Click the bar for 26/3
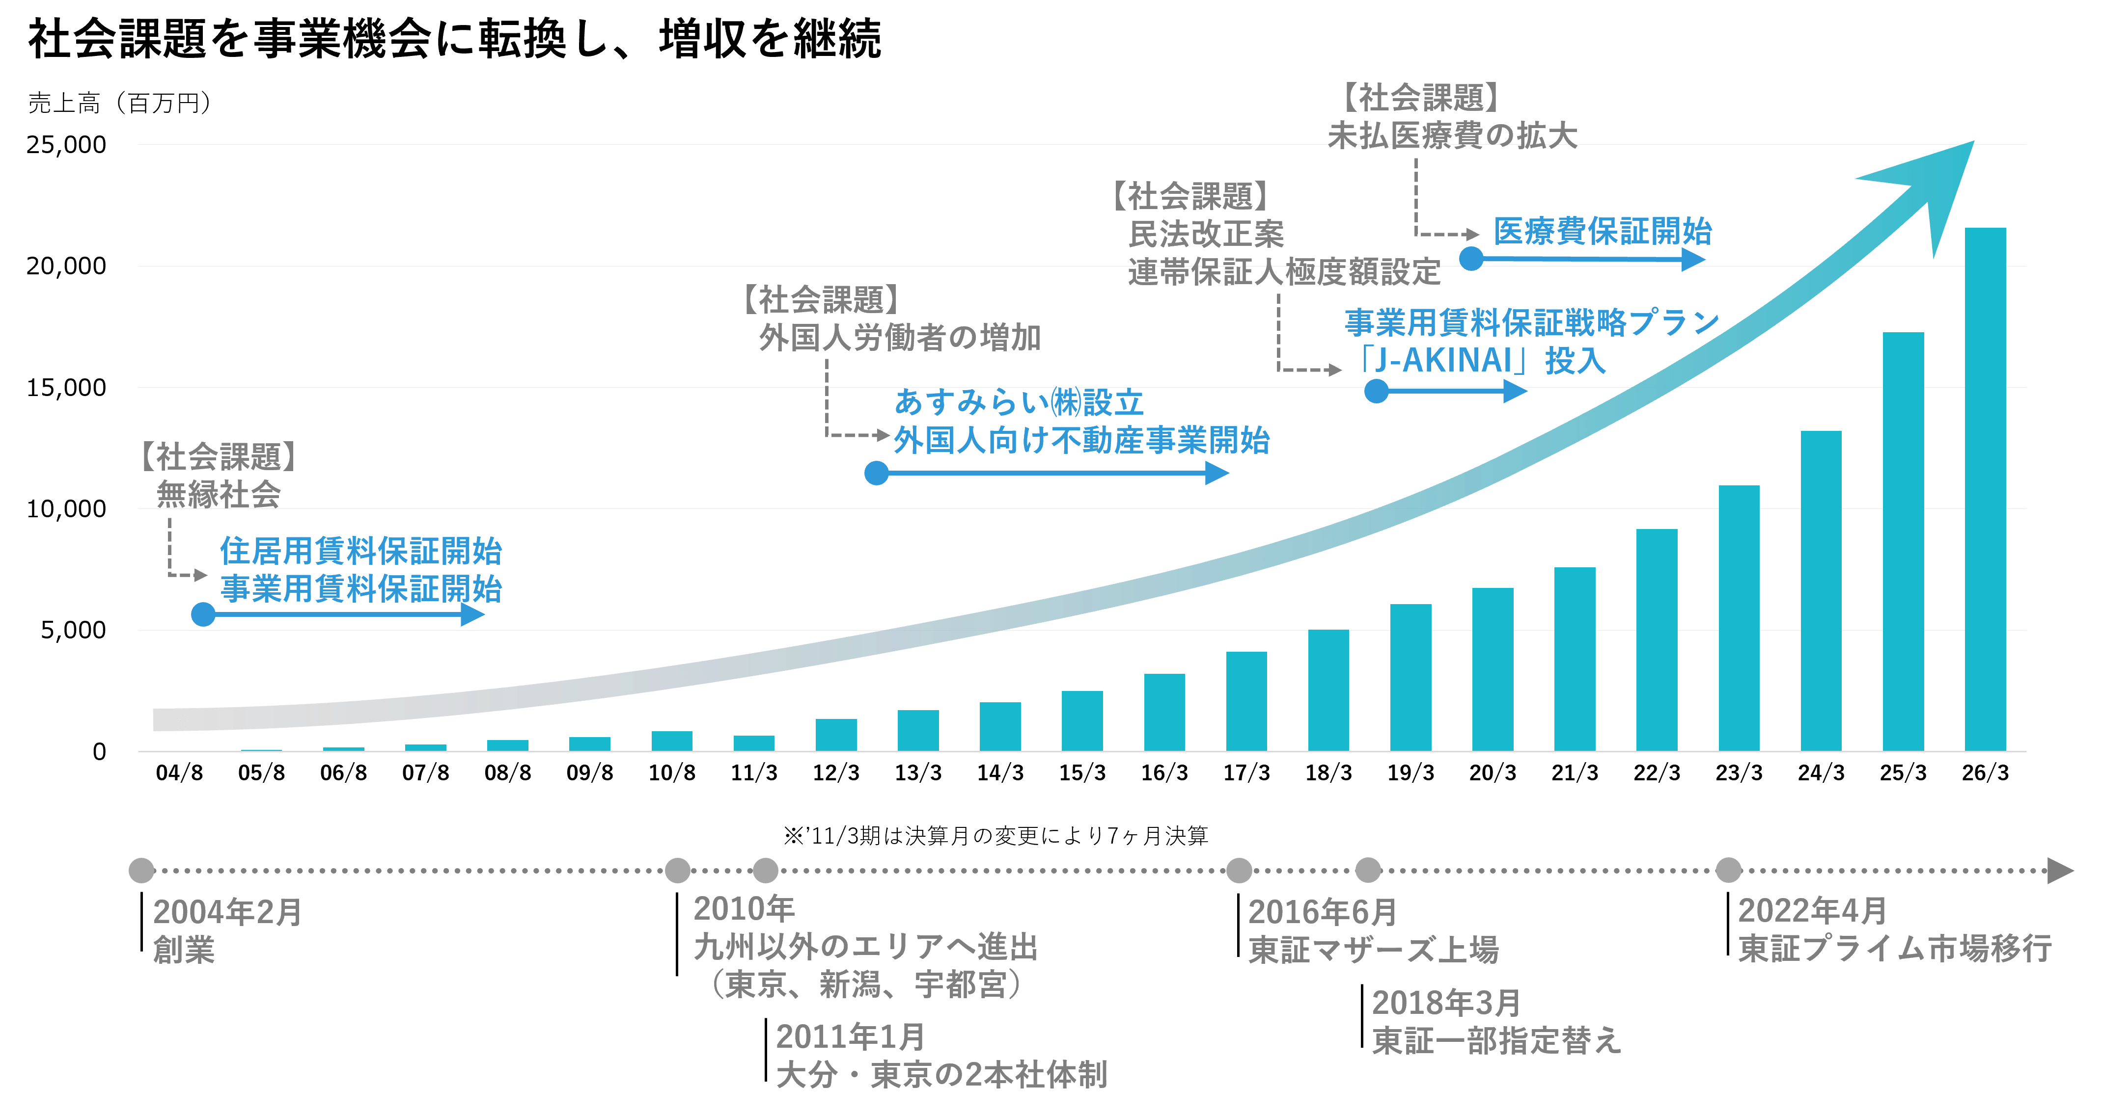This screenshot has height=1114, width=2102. (1985, 489)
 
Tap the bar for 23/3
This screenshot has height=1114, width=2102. (1739, 618)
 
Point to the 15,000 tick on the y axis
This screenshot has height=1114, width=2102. (66, 387)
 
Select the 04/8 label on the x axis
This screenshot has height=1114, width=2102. (180, 772)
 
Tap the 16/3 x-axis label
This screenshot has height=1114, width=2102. (1164, 772)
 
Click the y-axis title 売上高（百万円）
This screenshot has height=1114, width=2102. (121, 103)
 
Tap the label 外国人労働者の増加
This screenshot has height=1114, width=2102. (900, 337)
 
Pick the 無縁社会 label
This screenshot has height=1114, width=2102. (219, 494)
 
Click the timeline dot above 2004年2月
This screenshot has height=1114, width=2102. (142, 870)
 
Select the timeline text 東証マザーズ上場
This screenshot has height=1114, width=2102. (1373, 949)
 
